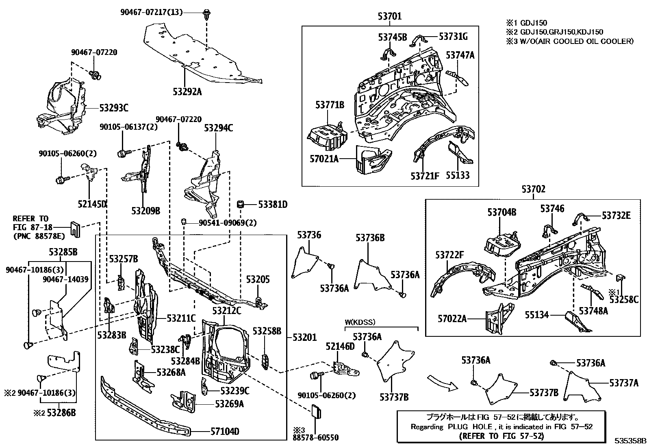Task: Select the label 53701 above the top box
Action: (389, 17)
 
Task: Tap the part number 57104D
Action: (225, 432)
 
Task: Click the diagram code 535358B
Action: (630, 441)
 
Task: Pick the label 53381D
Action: (272, 205)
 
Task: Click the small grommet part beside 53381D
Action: (240, 203)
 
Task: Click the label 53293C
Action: (114, 108)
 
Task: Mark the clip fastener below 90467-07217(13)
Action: (206, 16)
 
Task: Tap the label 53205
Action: (258, 280)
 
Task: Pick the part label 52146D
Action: (340, 346)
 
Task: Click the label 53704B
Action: (502, 212)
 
